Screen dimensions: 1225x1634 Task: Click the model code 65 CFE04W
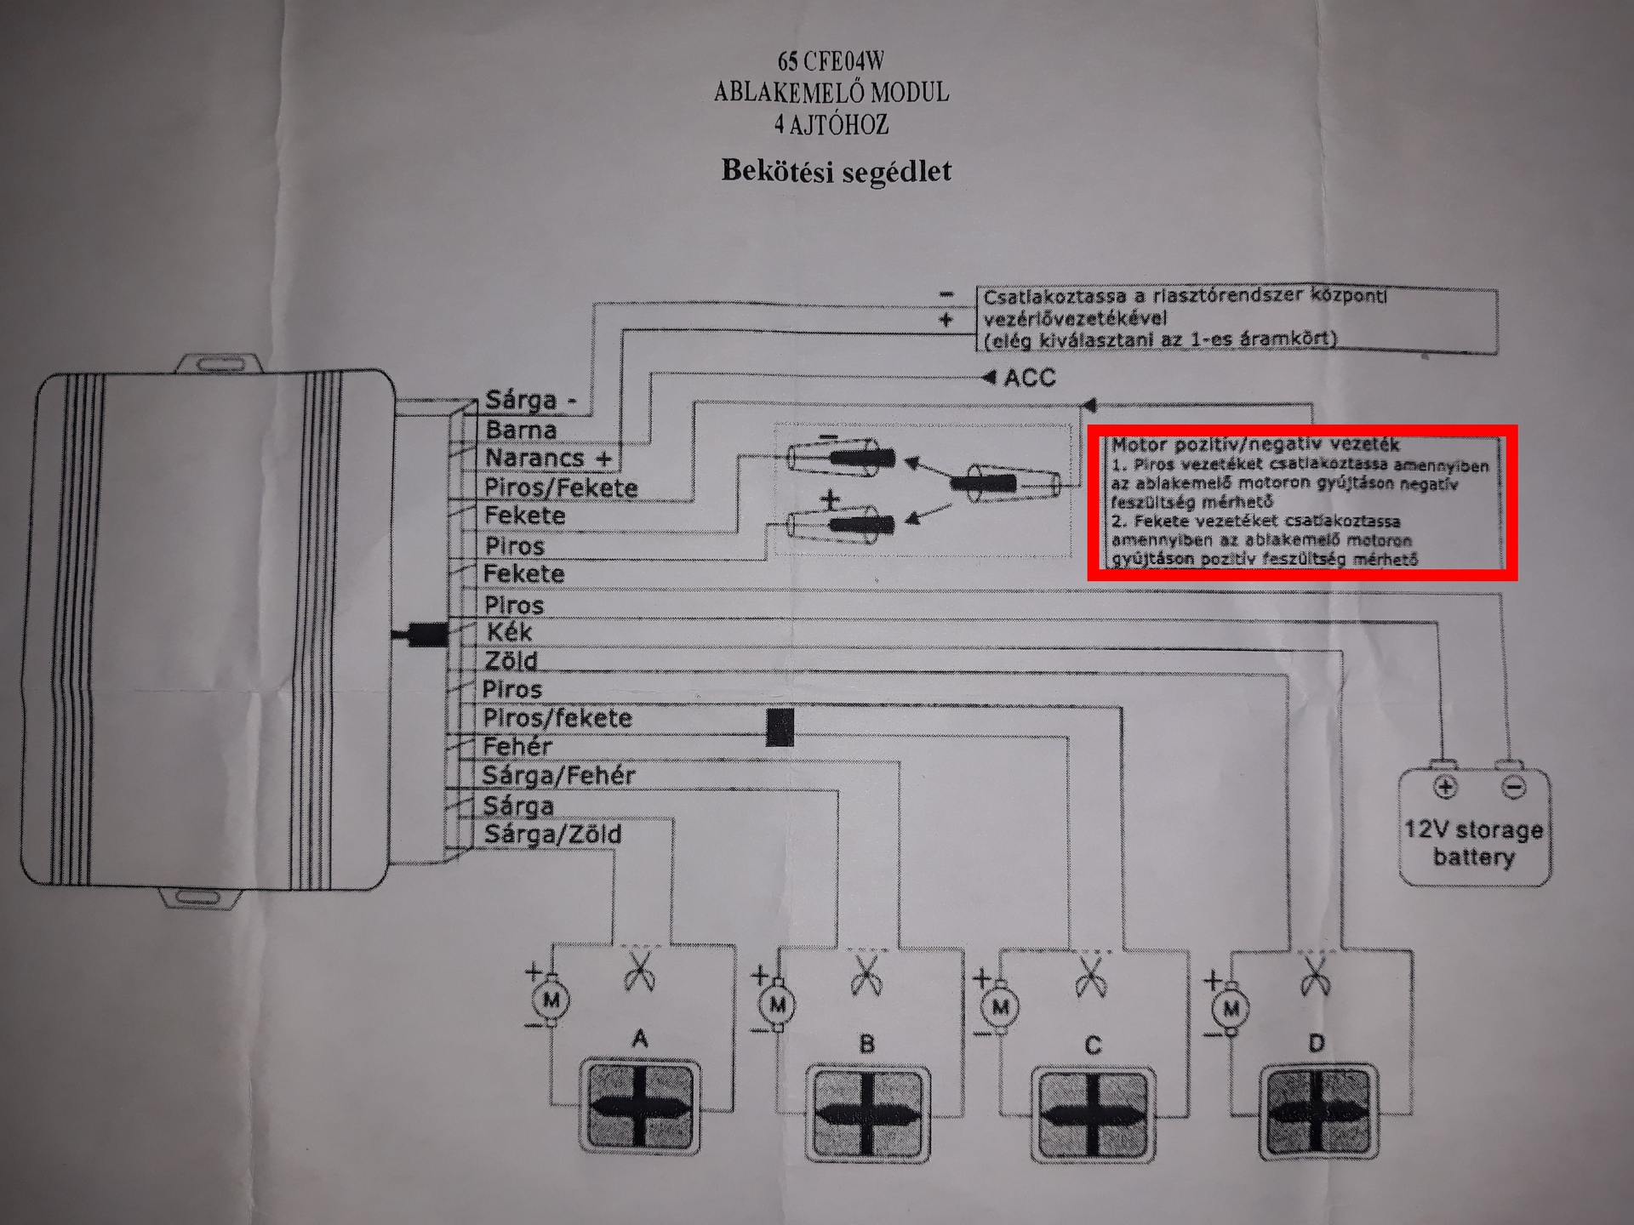click(831, 61)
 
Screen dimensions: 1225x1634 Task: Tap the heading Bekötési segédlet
click(836, 171)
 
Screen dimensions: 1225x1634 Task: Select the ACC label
click(1029, 378)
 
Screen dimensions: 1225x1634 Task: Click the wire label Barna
click(520, 430)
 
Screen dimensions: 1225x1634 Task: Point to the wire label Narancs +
click(548, 459)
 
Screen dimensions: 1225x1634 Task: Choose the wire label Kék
click(509, 632)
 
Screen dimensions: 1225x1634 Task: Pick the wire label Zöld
click(511, 661)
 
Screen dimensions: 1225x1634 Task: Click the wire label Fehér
click(517, 747)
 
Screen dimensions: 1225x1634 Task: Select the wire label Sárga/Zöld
click(552, 835)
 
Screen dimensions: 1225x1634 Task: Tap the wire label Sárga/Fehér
click(558, 776)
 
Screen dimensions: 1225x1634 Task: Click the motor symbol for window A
click(551, 1000)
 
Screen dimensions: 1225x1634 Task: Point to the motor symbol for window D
click(1231, 1010)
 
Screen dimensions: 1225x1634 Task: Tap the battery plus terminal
click(1444, 787)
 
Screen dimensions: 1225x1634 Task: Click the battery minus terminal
click(1512, 787)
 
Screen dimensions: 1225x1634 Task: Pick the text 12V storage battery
click(1473, 843)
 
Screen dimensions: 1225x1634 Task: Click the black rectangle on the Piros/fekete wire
click(780, 727)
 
